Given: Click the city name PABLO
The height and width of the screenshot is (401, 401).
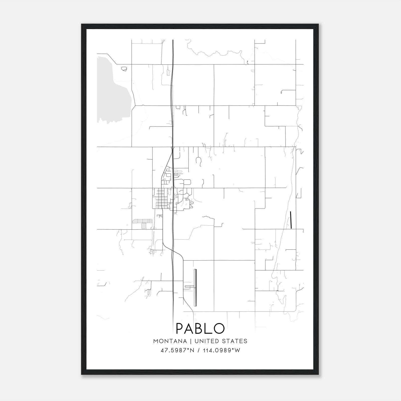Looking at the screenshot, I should [200, 328].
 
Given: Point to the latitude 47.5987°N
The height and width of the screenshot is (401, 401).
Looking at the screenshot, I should [177, 350].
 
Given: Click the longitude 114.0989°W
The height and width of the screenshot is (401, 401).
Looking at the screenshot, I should [222, 350].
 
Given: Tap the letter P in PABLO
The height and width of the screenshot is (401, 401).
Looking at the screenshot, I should [181, 328].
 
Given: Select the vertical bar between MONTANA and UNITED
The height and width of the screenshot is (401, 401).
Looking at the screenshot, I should [190, 341].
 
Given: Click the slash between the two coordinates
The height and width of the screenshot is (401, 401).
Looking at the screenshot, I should [199, 350].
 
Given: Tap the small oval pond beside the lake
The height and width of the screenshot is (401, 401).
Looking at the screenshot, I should [124, 68].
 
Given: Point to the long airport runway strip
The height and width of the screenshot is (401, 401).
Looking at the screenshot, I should [195, 287].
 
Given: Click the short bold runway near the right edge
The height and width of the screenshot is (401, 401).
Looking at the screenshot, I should [291, 220].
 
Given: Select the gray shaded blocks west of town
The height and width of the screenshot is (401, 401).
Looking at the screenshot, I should [142, 222].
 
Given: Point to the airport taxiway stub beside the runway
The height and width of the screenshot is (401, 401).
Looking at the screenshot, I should [189, 286].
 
